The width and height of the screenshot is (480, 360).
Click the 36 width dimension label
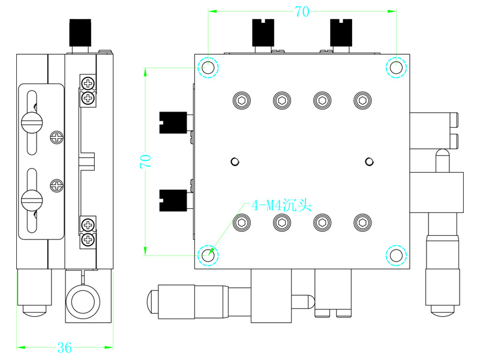[x=64, y=347]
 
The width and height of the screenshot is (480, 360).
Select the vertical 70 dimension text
[x=145, y=161]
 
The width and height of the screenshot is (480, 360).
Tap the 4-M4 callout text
[x=281, y=205]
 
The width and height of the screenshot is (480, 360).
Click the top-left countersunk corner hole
[x=208, y=67]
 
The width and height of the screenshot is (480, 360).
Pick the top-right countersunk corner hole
[x=395, y=67]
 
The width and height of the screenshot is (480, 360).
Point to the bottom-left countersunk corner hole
[x=208, y=255]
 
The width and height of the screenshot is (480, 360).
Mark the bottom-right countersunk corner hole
[x=395, y=255]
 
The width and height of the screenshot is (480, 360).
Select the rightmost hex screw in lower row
[x=361, y=223]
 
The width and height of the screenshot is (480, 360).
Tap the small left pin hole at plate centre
[x=235, y=161]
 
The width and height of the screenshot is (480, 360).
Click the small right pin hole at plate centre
[x=369, y=161]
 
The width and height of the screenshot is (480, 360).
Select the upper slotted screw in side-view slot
[x=32, y=122]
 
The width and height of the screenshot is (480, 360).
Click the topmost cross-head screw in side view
[x=88, y=82]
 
